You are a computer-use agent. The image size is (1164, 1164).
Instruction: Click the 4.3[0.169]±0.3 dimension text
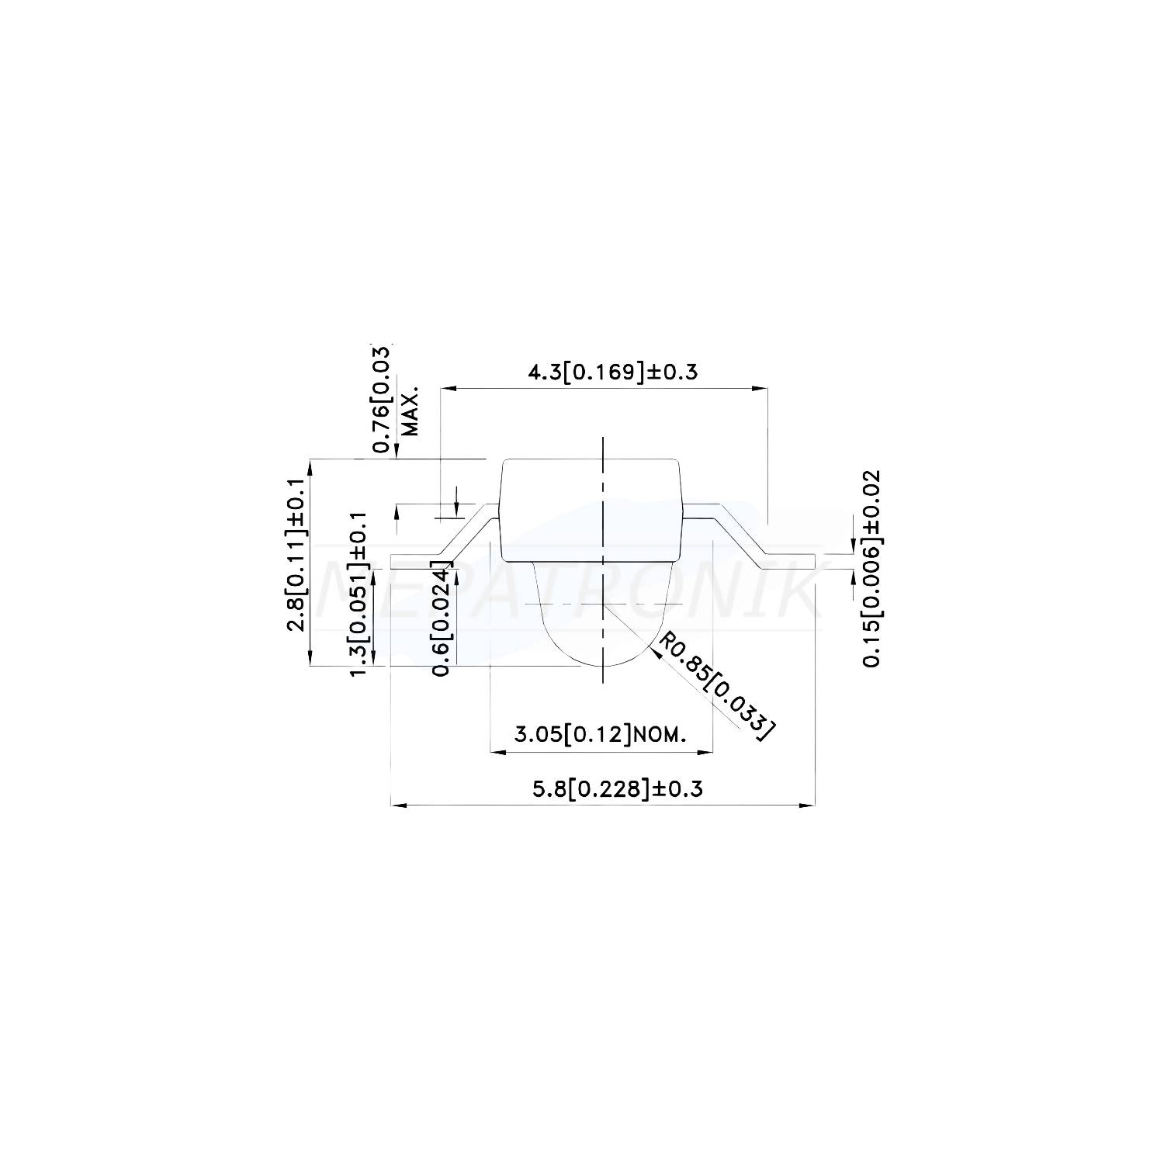[x=612, y=372]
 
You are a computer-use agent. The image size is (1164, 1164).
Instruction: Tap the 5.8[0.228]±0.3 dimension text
[x=617, y=789]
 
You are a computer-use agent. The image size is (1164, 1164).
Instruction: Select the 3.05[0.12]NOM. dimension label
[x=601, y=734]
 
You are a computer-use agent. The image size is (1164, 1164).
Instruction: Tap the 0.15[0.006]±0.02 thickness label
[x=871, y=568]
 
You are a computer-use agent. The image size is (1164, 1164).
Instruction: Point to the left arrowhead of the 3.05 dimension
[x=497, y=751]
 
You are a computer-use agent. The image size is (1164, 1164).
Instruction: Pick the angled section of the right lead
[x=741, y=532]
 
